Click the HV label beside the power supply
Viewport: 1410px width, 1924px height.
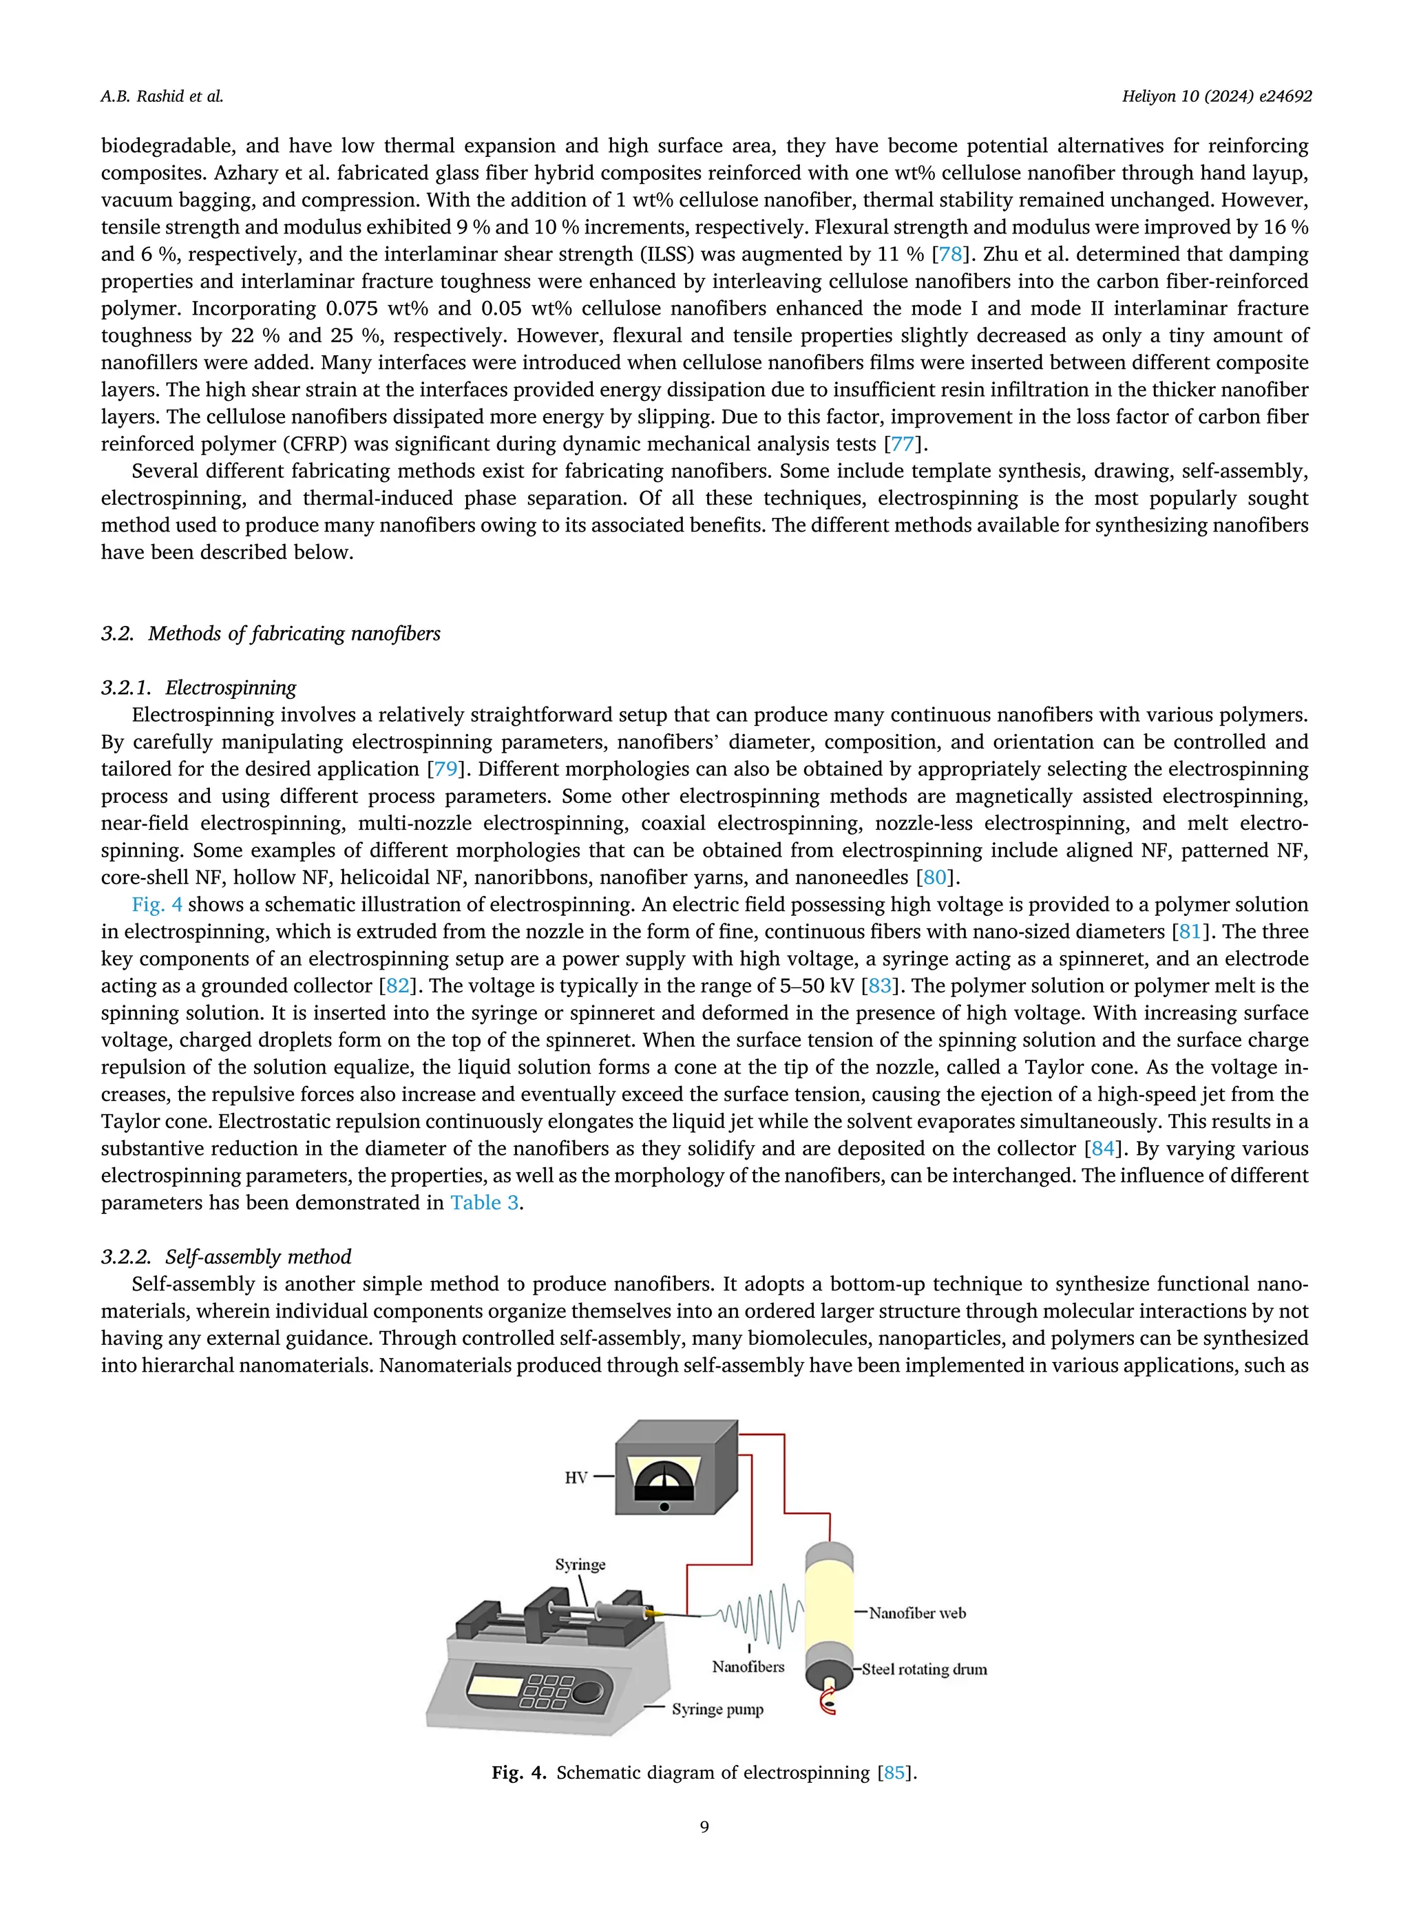pyautogui.click(x=576, y=1478)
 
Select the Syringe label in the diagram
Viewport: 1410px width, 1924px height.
pyautogui.click(x=580, y=1565)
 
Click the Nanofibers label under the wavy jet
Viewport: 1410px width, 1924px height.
pyautogui.click(x=748, y=1666)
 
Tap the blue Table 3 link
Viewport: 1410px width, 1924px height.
pyautogui.click(x=484, y=1203)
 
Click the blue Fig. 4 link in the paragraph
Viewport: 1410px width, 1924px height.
pyautogui.click(x=156, y=905)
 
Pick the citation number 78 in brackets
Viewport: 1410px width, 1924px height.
pyautogui.click(x=950, y=254)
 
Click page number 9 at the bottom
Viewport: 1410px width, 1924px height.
pyautogui.click(x=704, y=1828)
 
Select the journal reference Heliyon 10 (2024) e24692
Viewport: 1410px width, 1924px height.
pyautogui.click(x=1217, y=96)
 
